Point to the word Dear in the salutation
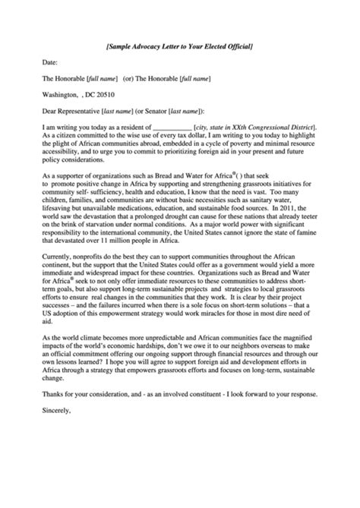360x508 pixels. point(51,110)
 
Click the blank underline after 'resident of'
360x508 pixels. point(172,126)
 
